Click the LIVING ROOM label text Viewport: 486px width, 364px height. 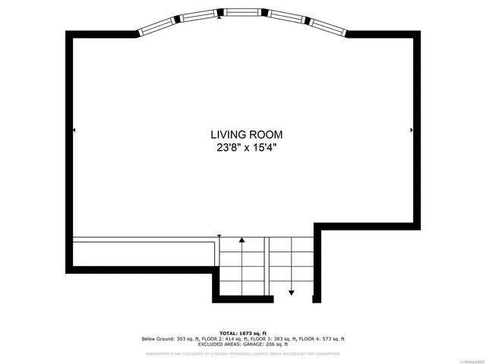point(242,134)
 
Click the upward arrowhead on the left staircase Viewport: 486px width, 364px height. point(242,240)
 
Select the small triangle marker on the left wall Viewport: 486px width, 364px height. point(74,130)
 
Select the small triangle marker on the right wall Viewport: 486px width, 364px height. point(411,130)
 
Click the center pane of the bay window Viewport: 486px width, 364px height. point(242,12)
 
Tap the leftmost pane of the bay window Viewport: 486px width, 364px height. point(156,24)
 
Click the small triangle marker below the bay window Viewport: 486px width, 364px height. point(220,19)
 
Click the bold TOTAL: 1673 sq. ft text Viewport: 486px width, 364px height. point(243,333)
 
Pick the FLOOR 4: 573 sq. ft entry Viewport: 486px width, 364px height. point(322,339)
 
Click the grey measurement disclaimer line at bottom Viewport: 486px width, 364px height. point(243,353)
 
